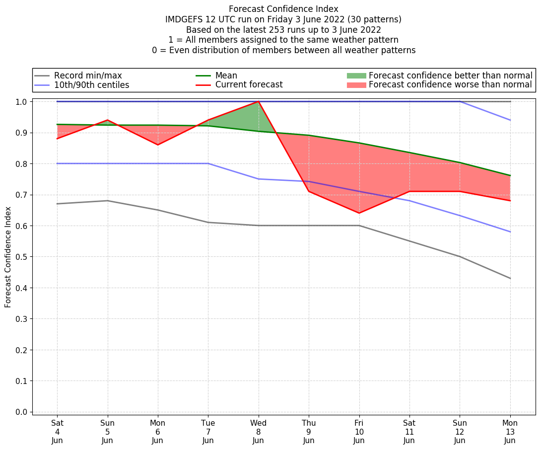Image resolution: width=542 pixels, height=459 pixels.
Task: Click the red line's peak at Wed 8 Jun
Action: [259, 101]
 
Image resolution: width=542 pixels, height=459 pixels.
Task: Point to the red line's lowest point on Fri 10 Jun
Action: [359, 213]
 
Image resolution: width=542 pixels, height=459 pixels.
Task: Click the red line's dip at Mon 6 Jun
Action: [158, 145]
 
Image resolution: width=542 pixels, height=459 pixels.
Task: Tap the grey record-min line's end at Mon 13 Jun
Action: [510, 278]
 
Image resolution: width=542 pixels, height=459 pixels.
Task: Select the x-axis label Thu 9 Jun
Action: [309, 431]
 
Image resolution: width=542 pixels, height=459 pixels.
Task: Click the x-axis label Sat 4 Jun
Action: [57, 431]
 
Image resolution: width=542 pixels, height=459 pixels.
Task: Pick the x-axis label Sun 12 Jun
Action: [460, 431]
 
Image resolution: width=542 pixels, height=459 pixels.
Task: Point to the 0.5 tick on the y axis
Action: [23, 257]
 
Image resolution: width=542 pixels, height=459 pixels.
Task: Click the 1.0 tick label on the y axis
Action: [23, 102]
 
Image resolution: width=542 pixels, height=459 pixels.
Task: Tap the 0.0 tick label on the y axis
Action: [23, 412]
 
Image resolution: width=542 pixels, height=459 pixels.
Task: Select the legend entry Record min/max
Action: [88, 76]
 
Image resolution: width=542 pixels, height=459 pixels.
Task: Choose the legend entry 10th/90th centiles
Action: [91, 85]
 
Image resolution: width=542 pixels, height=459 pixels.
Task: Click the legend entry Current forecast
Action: [249, 85]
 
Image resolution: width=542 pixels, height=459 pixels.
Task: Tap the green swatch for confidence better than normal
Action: [356, 76]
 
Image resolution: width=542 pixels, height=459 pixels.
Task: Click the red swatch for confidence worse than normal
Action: [356, 85]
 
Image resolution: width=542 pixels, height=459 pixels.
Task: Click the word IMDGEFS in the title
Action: [185, 19]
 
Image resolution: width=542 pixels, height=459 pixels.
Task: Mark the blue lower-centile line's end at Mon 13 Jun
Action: [510, 232]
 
